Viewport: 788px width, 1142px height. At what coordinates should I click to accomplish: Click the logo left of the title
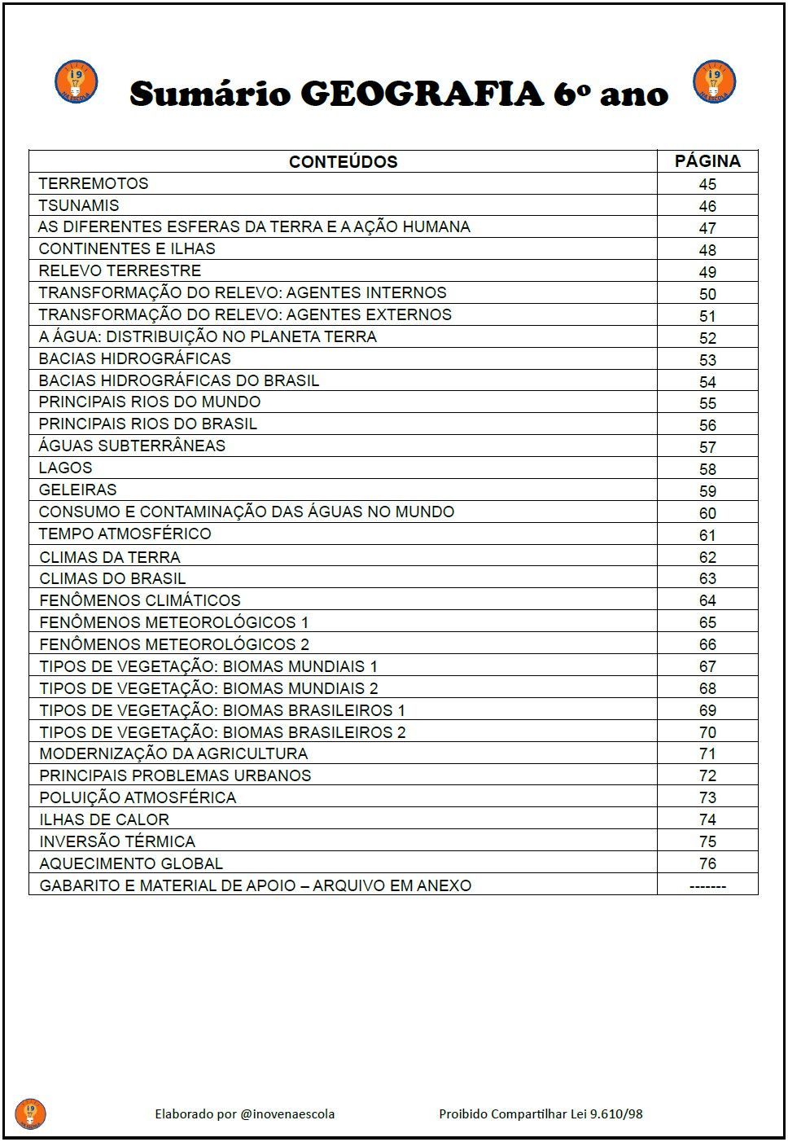(77, 82)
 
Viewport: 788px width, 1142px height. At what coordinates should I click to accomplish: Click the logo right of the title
(714, 82)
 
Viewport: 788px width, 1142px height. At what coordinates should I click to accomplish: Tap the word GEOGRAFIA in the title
(422, 94)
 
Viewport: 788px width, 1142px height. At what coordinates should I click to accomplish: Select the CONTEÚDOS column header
(343, 161)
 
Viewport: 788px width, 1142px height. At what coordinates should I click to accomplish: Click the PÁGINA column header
(707, 161)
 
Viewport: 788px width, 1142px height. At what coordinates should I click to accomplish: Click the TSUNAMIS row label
(79, 205)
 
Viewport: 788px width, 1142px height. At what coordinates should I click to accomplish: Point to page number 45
(707, 184)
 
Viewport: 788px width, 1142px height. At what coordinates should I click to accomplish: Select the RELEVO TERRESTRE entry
(120, 270)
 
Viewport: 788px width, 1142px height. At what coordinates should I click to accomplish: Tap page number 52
(707, 338)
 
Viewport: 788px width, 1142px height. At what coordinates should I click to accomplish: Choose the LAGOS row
(66, 468)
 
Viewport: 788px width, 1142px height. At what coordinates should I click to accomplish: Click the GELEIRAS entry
(78, 490)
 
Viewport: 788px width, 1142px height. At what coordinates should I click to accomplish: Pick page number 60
(707, 513)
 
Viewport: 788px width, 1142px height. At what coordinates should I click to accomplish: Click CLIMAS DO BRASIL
(112, 578)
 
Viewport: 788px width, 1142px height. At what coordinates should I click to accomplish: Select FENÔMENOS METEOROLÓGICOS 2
(174, 644)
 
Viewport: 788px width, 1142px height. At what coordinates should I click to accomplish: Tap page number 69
(707, 710)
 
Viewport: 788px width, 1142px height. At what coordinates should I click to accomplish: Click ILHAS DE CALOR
(104, 819)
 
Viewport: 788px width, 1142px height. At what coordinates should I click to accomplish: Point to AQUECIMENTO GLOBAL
(131, 863)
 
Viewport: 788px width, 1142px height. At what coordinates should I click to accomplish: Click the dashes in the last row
(707, 886)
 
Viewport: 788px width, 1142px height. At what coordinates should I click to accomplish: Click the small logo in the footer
(30, 1113)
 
